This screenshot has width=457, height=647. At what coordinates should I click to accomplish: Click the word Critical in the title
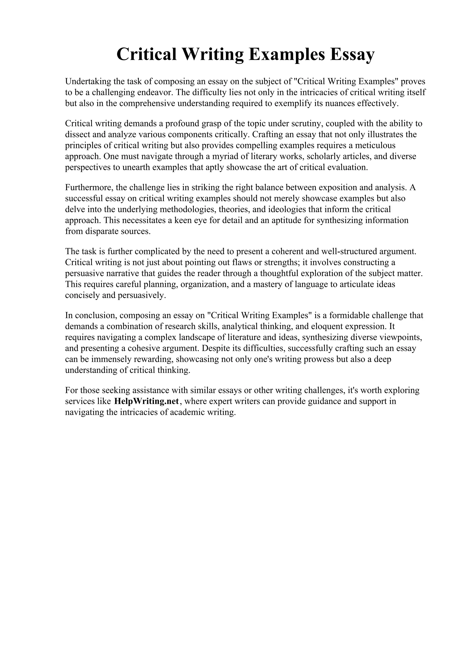coord(146,54)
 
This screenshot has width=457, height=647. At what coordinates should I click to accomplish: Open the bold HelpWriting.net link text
coord(146,401)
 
